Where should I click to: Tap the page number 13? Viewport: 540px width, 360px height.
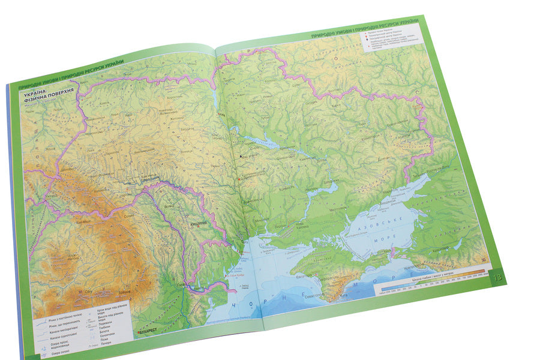pos(497,277)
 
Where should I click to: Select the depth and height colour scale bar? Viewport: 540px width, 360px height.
pos(430,286)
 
